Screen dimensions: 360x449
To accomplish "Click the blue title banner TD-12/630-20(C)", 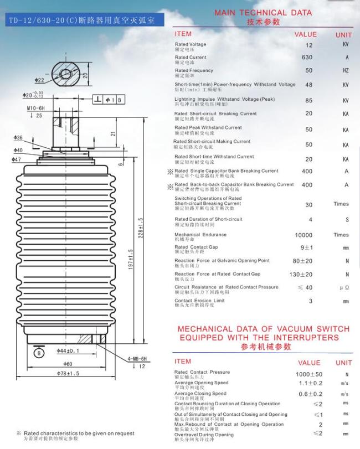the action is pos(85,20).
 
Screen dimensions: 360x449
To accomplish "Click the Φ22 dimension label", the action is pos(39,80).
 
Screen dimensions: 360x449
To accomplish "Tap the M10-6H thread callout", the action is pos(36,109).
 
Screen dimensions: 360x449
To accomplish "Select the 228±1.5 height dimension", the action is pos(141,228).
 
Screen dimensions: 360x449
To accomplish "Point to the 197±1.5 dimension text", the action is pos(131,259).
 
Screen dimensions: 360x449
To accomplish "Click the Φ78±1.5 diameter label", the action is pos(68,373).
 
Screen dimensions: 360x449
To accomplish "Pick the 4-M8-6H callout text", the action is pos(137,359).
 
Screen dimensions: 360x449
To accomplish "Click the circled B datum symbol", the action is pos(39,353).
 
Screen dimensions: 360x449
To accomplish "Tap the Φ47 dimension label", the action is pos(16,159).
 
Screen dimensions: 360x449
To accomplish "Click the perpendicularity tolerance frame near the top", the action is pos(109,100).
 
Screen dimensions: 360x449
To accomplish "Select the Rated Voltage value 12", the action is pos(309,45).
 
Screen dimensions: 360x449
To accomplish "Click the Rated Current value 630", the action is pos(307,57).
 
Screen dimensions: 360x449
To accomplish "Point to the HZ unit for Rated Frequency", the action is pos(346,70).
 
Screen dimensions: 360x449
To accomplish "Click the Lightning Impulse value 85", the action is pos(308,101).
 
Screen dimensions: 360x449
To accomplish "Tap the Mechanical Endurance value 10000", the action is pos(304,235).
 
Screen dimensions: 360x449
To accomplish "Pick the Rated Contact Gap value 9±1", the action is pos(306,247).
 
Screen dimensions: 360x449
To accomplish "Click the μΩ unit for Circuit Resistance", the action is pos(344,287).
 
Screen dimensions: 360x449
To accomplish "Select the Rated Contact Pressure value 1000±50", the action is pos(309,374).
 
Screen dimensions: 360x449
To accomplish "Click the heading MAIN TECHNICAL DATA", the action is pos(263,13).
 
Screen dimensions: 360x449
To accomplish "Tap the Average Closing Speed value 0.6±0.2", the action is pos(311,394).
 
